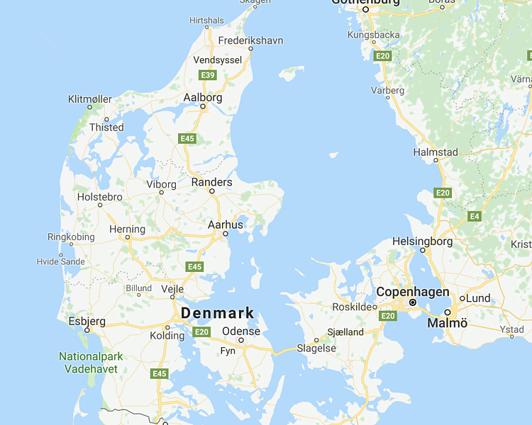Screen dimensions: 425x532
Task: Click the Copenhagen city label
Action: [412, 292]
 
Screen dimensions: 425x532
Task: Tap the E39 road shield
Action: [208, 75]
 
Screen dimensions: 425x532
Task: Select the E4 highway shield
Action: [475, 215]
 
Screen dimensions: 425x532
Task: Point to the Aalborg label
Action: [203, 97]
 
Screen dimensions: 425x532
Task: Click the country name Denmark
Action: [217, 313]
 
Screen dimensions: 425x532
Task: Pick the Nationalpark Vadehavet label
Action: [90, 362]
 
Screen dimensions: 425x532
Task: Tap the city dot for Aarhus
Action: [226, 233]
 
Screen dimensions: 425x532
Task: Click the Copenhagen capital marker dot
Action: [413, 302]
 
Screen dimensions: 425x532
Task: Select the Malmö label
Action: [448, 323]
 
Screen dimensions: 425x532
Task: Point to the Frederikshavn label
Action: [250, 40]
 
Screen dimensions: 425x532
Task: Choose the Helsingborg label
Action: [422, 241]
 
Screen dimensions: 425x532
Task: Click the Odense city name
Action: [241, 331]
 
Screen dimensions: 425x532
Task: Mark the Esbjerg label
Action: [87, 321]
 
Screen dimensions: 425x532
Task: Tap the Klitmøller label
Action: [90, 99]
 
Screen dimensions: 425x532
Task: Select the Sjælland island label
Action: [345, 331]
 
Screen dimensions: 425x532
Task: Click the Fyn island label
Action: [228, 351]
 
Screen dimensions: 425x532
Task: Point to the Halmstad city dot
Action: [436, 160]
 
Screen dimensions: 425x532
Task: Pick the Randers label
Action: [212, 182]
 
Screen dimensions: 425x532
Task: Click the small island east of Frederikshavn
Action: [291, 72]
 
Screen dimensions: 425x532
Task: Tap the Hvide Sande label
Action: [60, 261]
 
